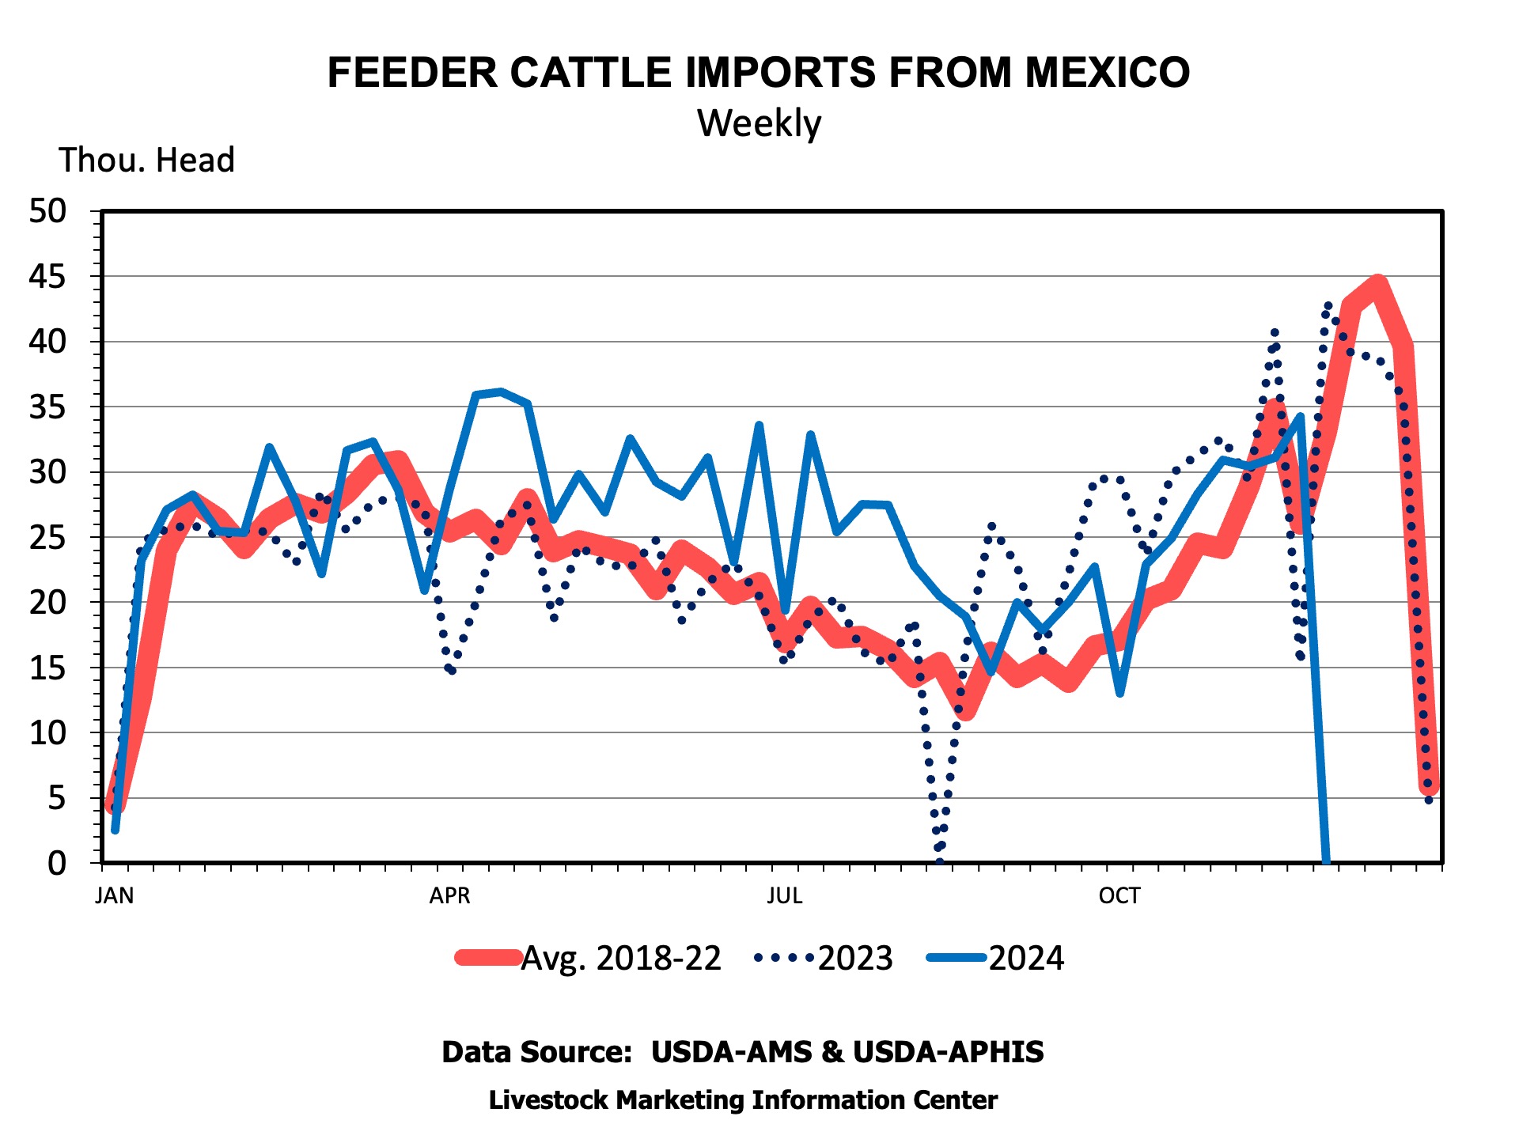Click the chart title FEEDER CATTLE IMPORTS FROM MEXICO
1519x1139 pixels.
point(759,73)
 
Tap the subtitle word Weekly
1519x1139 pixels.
point(759,123)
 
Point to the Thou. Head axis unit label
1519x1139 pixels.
point(147,160)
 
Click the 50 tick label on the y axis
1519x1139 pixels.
point(48,211)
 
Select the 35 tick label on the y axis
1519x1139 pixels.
point(48,407)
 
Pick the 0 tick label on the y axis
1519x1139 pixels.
point(58,863)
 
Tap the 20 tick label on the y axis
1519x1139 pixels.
point(48,603)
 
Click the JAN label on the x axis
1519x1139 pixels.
point(115,895)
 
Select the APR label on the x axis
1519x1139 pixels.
point(449,895)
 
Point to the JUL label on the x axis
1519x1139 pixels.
point(784,895)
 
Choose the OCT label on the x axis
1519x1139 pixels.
point(1119,895)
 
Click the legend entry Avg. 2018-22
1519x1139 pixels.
point(589,958)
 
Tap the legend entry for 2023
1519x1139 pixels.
point(824,958)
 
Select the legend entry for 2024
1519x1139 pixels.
point(995,958)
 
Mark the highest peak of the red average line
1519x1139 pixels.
point(1378,284)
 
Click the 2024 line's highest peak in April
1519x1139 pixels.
point(501,391)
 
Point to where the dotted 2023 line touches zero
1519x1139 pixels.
point(939,861)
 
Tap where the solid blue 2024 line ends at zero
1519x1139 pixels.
point(1326,861)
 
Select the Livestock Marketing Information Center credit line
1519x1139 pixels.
point(743,1100)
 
